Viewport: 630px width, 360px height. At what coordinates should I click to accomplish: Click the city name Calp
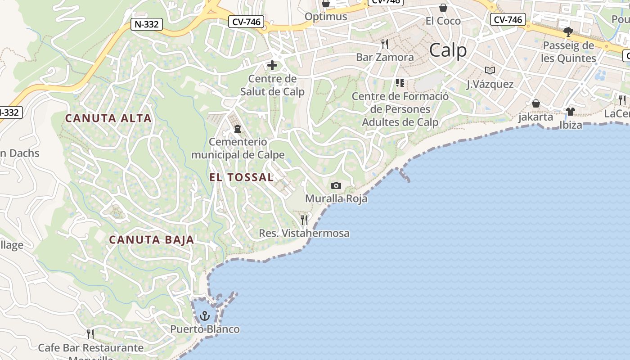[x=448, y=50]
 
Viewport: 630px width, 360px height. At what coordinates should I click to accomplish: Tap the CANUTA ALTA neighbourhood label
[x=108, y=118]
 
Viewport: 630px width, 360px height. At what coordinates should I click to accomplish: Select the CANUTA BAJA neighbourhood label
[x=152, y=239]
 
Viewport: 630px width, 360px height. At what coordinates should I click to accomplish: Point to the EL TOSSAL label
[x=241, y=177]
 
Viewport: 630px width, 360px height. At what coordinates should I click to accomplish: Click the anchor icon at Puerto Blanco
[x=205, y=316]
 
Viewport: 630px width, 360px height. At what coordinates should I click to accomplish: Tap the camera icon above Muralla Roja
[x=336, y=185]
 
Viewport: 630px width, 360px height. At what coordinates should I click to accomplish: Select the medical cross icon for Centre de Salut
[x=272, y=66]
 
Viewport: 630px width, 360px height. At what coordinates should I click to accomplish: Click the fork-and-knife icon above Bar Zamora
[x=385, y=44]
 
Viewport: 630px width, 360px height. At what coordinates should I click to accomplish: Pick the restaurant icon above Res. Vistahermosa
[x=304, y=220]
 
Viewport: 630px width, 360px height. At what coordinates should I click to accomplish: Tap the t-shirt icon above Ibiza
[x=571, y=111]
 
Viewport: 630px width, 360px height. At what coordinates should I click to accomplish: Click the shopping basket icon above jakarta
[x=535, y=103]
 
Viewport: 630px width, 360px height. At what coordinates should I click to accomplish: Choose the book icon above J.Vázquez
[x=490, y=70]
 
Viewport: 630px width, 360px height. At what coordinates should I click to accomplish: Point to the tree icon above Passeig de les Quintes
[x=568, y=32]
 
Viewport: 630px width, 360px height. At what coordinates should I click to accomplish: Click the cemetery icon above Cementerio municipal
[x=237, y=129]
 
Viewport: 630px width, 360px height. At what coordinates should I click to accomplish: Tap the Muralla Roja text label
[x=336, y=198]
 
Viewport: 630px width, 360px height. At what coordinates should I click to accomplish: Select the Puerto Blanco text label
[x=205, y=329]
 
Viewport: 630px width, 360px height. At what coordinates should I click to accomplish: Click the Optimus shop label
[x=326, y=17]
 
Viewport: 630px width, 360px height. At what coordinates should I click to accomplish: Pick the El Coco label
[x=443, y=21]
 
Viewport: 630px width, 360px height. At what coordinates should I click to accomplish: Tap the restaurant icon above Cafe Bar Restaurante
[x=90, y=334]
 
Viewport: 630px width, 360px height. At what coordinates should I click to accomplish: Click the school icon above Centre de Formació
[x=400, y=83]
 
